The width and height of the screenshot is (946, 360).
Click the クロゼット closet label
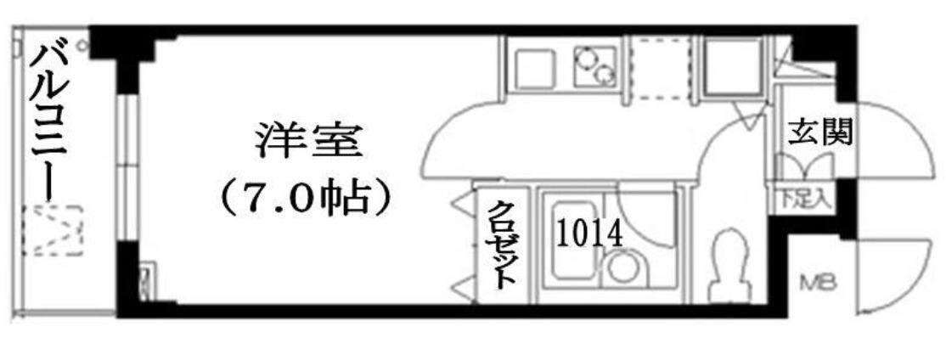point(502,244)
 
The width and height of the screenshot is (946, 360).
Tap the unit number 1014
point(588,234)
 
